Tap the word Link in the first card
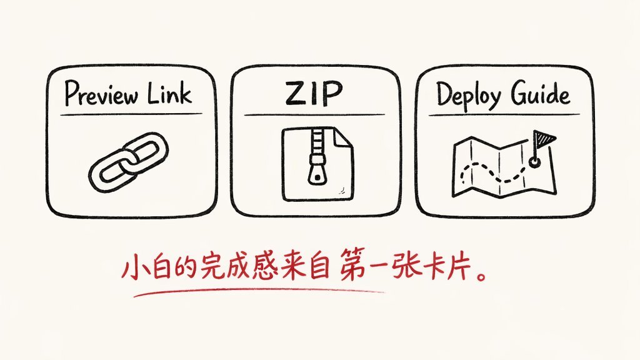[x=169, y=93]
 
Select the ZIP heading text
[x=314, y=93]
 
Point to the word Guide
[x=541, y=93]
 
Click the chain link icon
[x=128, y=162]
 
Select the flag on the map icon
[x=545, y=139]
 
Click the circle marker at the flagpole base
[x=534, y=162]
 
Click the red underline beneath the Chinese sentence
[x=259, y=291]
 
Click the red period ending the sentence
[x=482, y=275]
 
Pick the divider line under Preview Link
[x=131, y=114]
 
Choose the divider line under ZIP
[x=314, y=115]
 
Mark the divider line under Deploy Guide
[x=504, y=115]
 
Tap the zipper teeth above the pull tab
[x=317, y=141]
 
